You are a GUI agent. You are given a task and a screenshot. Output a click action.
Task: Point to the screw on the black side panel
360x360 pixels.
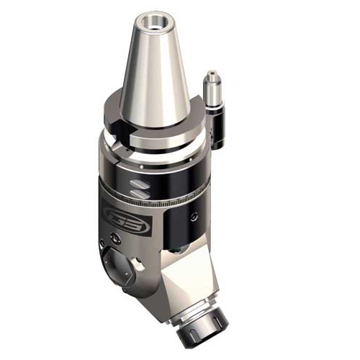(x=195, y=216)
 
